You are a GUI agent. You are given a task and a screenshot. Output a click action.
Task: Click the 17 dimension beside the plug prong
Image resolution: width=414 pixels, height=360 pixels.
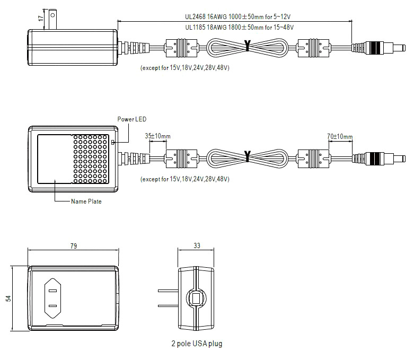tap(40, 18)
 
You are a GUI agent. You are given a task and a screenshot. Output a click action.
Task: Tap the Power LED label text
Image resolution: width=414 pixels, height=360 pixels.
tap(132, 119)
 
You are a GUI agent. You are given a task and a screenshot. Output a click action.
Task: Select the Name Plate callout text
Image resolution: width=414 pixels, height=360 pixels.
tap(86, 201)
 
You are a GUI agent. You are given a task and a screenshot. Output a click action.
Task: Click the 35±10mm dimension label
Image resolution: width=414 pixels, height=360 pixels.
tap(157, 136)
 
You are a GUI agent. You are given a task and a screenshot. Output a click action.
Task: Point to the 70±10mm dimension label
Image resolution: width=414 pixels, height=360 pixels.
tap(340, 136)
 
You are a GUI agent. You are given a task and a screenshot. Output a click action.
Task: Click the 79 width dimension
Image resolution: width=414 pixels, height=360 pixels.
tap(74, 246)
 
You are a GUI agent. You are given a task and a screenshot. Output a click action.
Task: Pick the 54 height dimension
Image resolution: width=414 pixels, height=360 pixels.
tap(8, 298)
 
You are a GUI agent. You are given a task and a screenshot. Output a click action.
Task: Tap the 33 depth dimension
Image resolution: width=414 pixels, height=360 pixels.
tap(197, 245)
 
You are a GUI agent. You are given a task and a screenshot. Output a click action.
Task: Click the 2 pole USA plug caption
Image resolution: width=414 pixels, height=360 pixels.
tap(197, 344)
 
